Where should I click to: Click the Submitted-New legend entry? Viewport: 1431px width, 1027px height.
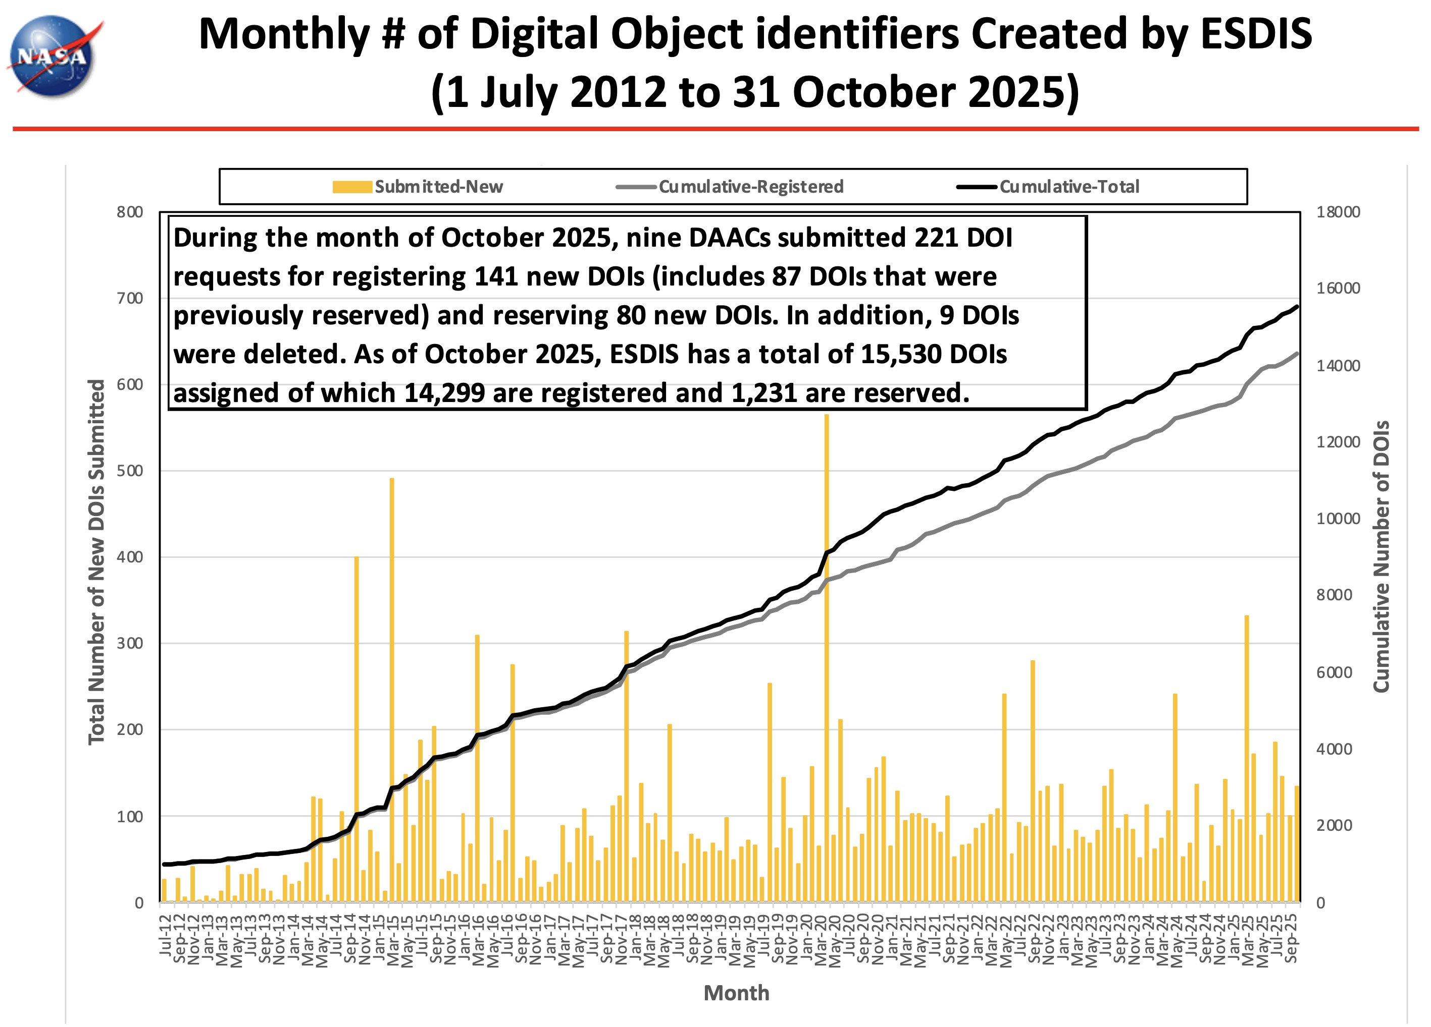point(418,187)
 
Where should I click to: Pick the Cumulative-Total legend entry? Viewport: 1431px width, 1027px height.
point(1048,187)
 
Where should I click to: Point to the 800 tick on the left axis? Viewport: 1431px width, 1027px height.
point(130,212)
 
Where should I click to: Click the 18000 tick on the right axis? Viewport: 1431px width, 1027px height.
point(1338,212)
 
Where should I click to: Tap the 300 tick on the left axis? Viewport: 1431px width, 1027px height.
point(130,644)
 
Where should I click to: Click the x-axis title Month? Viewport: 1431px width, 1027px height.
point(736,993)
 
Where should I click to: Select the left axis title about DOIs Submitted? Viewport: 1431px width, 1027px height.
point(96,561)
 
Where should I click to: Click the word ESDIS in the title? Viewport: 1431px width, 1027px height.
point(1256,35)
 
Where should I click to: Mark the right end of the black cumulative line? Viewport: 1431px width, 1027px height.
point(1297,306)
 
